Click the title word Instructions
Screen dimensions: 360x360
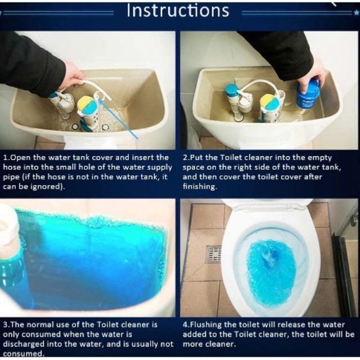pos(178,10)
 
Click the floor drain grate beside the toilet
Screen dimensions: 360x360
pos(214,254)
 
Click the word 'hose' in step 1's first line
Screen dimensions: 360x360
pos(11,167)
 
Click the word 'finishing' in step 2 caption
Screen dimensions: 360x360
pos(200,186)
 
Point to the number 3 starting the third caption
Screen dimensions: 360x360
pos(5,325)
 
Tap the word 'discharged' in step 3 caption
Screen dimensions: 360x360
pos(24,344)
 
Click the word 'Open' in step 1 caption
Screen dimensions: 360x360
pos(21,157)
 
